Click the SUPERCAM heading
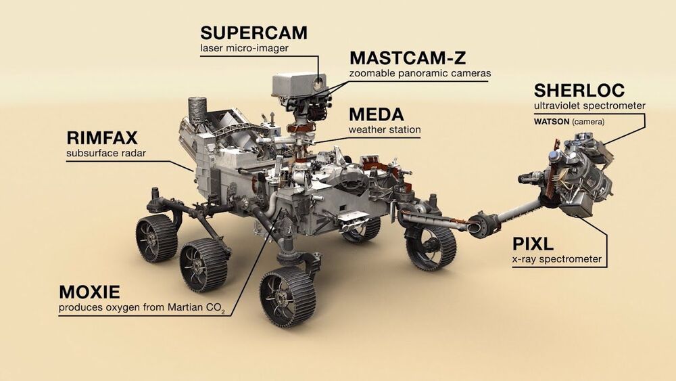[254, 32]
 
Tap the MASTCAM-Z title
[408, 58]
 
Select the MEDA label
[377, 114]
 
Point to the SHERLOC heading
[579, 90]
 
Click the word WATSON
[552, 122]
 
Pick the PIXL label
[533, 244]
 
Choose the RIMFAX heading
[102, 138]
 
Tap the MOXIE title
[89, 292]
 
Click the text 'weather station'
[385, 129]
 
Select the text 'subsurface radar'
[106, 153]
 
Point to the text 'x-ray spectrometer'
[556, 259]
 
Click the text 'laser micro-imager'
[244, 48]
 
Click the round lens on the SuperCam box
[318, 83]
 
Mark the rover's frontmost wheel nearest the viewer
[287, 297]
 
